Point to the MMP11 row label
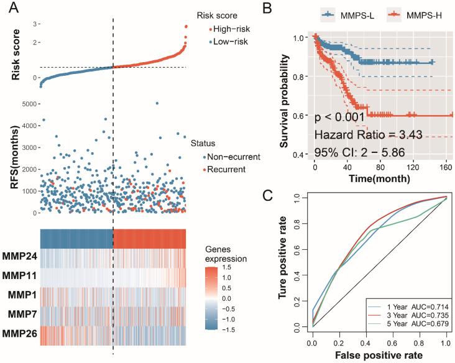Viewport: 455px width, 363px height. click(x=19, y=275)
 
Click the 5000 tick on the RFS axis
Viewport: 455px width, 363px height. click(x=25, y=104)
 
